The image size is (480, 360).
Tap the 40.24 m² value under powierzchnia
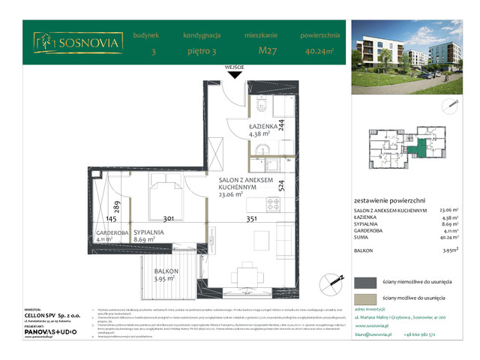pyautogui.click(x=320, y=51)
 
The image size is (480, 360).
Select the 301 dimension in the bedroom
pyautogui.click(x=169, y=220)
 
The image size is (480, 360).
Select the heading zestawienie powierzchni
pyautogui.click(x=389, y=201)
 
